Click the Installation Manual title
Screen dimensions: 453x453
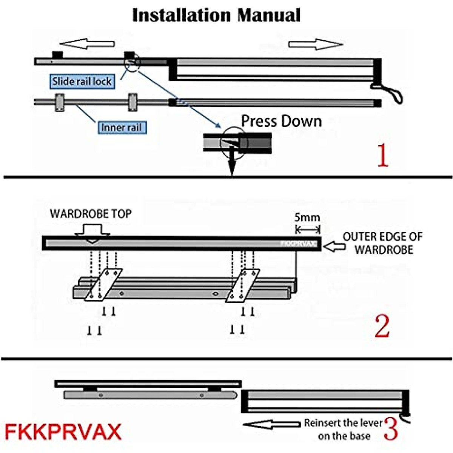coord(216,15)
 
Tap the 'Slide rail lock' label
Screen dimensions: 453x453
coord(82,81)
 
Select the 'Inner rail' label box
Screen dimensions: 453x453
coord(121,127)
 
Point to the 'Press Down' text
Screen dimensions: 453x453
coord(281,121)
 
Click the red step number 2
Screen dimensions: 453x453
coord(382,327)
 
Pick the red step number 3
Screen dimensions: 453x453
coord(391,429)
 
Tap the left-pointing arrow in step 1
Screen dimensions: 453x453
coord(87,44)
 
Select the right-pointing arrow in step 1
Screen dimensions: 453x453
coord(316,44)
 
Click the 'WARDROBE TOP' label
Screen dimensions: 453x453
coord(91,214)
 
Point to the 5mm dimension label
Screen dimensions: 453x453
coord(307,217)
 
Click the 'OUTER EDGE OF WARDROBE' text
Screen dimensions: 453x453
coord(383,243)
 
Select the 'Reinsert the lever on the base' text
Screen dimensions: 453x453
coord(343,429)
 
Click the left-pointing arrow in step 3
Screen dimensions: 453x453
coord(272,424)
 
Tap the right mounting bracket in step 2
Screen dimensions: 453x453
coord(242,285)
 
